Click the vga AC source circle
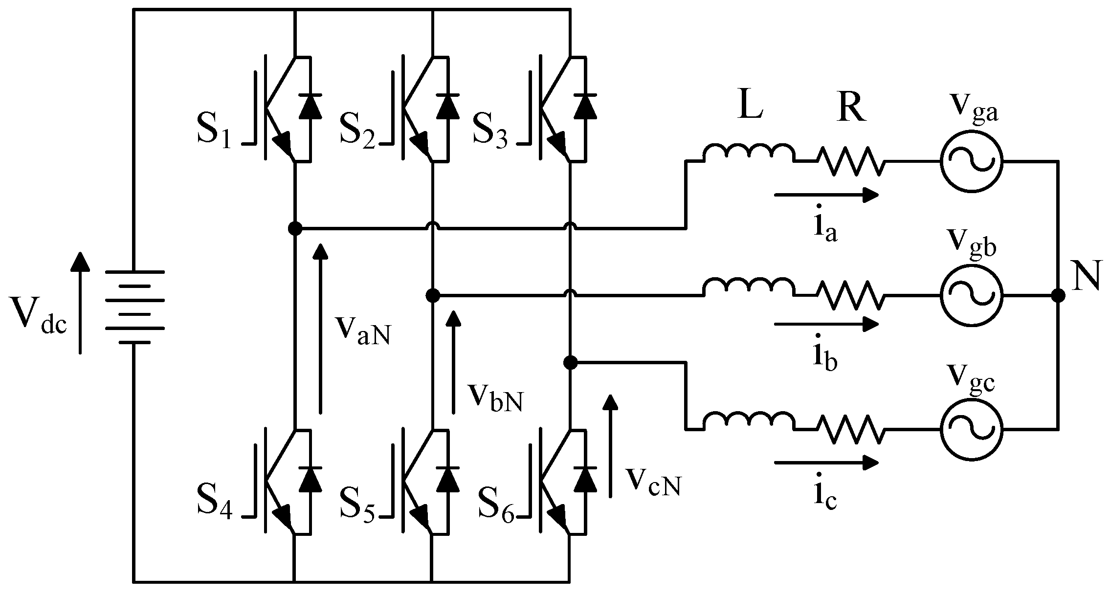971,161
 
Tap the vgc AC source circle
971,430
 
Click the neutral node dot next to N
1058,295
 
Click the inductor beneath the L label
749,153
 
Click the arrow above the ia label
826,195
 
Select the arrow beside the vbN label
454,362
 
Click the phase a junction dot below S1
295,228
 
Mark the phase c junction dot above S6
570,362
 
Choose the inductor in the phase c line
749,421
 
